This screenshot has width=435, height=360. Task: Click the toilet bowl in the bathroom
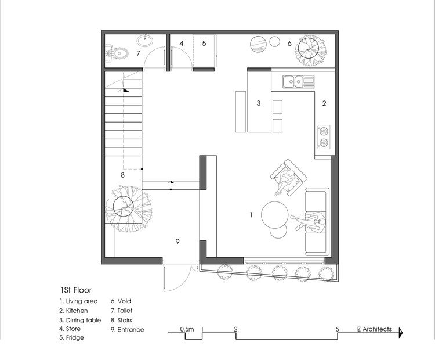(x=118, y=53)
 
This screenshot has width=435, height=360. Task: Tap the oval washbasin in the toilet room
(x=145, y=41)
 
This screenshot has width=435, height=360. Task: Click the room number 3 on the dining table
(x=259, y=103)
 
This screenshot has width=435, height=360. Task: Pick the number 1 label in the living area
(x=251, y=215)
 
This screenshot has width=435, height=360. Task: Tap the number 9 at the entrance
(x=178, y=241)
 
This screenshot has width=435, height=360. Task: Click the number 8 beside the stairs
(x=122, y=174)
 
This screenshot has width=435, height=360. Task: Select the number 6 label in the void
(x=289, y=43)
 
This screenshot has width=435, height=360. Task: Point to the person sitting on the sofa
(x=312, y=220)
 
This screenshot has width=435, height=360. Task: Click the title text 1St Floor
(x=76, y=289)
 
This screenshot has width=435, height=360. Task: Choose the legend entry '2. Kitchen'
(x=74, y=311)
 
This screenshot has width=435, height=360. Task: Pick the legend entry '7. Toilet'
(x=125, y=311)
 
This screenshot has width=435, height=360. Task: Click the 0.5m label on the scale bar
(x=187, y=329)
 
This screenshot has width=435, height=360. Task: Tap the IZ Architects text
(x=374, y=329)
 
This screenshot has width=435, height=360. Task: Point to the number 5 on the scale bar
(x=337, y=329)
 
